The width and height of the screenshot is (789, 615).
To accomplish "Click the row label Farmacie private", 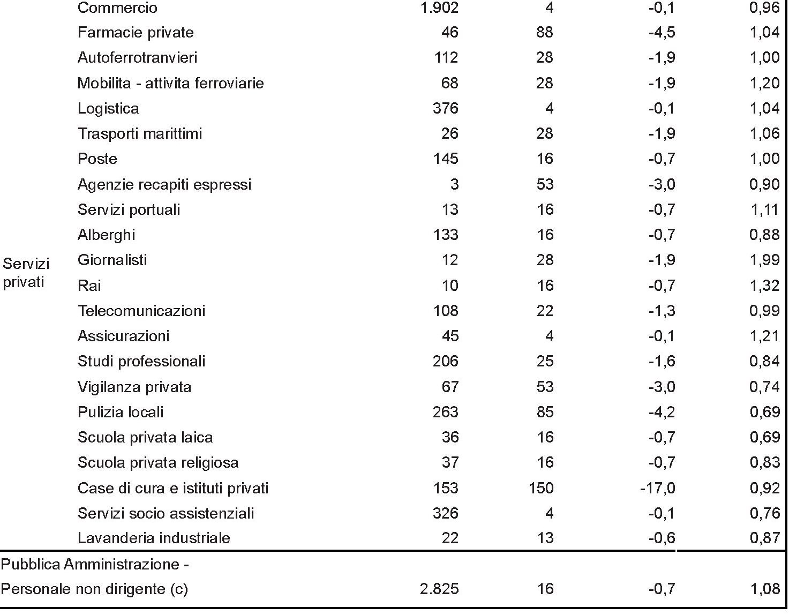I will tap(136, 33).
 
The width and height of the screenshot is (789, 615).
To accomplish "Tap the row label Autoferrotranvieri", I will tap(137, 58).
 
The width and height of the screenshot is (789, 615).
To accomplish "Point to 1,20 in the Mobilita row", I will tap(764, 83).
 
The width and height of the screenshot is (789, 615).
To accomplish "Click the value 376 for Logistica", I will tap(446, 109).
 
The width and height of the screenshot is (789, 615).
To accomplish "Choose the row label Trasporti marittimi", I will tap(140, 134).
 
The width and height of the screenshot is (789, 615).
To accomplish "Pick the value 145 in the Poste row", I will tap(446, 159).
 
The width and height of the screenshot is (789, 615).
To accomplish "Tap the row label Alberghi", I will tap(107, 235).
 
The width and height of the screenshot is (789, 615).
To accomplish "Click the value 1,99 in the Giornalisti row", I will tap(764, 260).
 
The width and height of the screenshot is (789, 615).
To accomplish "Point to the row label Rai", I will tap(89, 286).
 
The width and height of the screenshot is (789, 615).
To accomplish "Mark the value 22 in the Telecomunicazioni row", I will tap(545, 311).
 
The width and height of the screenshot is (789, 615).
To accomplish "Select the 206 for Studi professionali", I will tap(446, 362).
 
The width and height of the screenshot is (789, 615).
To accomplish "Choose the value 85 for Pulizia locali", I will tap(545, 412).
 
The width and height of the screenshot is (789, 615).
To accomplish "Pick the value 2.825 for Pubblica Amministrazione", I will tap(440, 589).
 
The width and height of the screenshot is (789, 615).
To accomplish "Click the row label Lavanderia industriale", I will tap(154, 538).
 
